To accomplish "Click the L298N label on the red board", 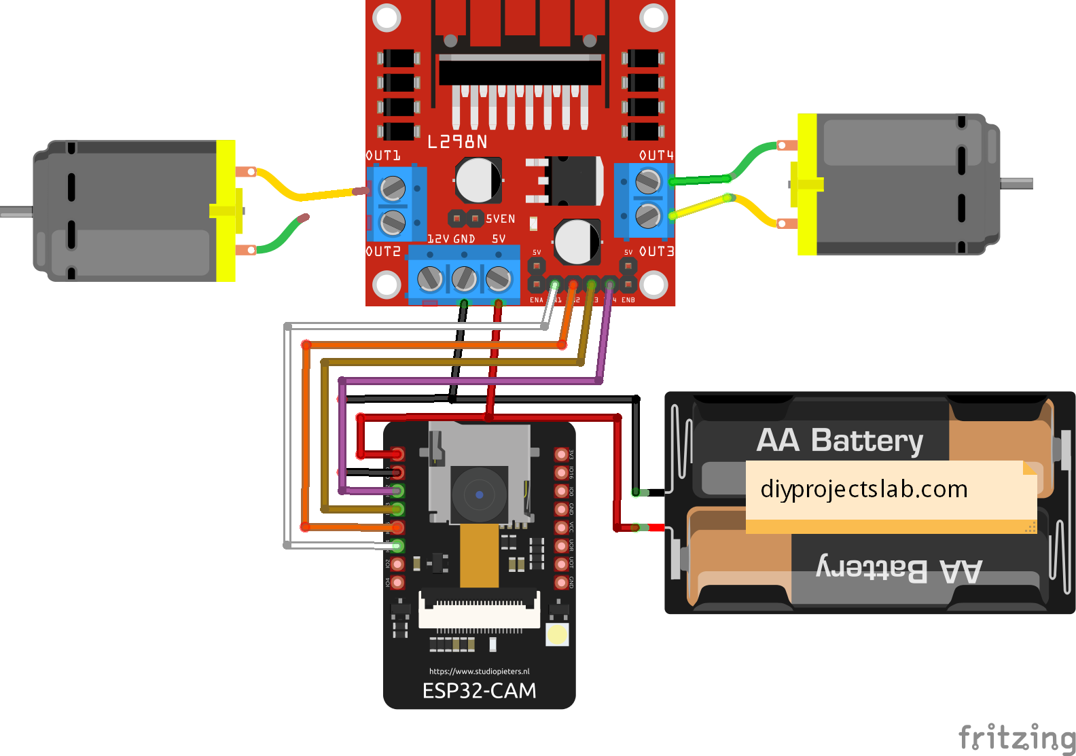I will (457, 141).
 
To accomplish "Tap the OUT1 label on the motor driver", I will (383, 156).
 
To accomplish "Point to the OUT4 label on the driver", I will (656, 156).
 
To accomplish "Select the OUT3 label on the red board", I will (656, 251).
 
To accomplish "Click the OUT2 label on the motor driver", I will (383, 251).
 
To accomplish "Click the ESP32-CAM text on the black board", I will (479, 691).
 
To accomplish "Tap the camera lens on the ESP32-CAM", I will (479, 494).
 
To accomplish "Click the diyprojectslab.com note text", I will (863, 489).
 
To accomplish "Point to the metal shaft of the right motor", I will (1017, 183).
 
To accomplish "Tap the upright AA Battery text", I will (840, 440).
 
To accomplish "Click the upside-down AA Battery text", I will (899, 569).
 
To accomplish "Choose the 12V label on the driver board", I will (438, 239).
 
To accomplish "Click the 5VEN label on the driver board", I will (501, 219).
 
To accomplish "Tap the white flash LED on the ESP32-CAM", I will (557, 634).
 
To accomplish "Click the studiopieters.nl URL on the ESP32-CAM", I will (479, 671).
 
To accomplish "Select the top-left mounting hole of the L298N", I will (387, 18).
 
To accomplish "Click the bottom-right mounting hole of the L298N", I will (653, 285).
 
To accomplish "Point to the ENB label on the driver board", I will (628, 300).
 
